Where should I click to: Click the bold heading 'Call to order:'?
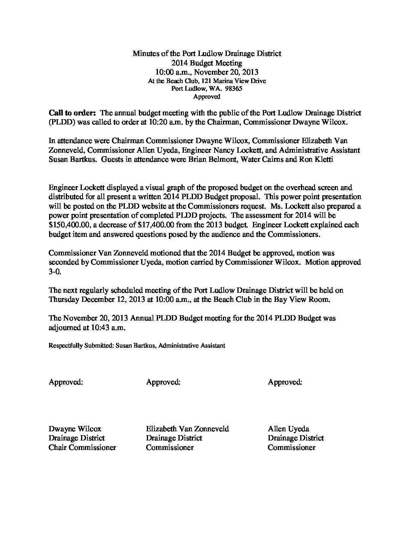(72, 113)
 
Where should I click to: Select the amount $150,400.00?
(72, 225)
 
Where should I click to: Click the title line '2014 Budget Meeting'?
(207, 63)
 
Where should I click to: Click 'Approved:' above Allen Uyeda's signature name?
(285, 382)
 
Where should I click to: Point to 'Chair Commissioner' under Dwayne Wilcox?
(82, 447)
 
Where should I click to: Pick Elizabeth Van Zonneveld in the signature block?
(187, 429)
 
